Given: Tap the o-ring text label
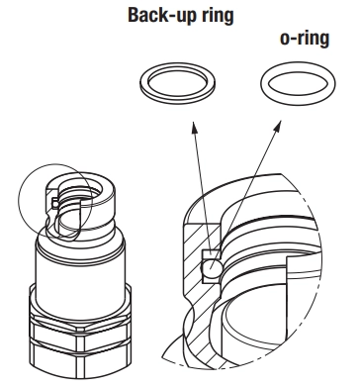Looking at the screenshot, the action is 305,39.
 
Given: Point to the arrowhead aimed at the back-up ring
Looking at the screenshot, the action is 195,127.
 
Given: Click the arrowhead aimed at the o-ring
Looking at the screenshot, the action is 278,126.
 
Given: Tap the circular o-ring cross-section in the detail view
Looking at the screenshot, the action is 211,267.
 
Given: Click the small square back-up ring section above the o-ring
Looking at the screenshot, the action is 211,254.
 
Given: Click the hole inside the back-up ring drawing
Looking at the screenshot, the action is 177,82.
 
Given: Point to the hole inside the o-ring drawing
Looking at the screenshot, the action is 298,83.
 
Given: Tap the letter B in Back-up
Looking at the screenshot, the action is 134,15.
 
